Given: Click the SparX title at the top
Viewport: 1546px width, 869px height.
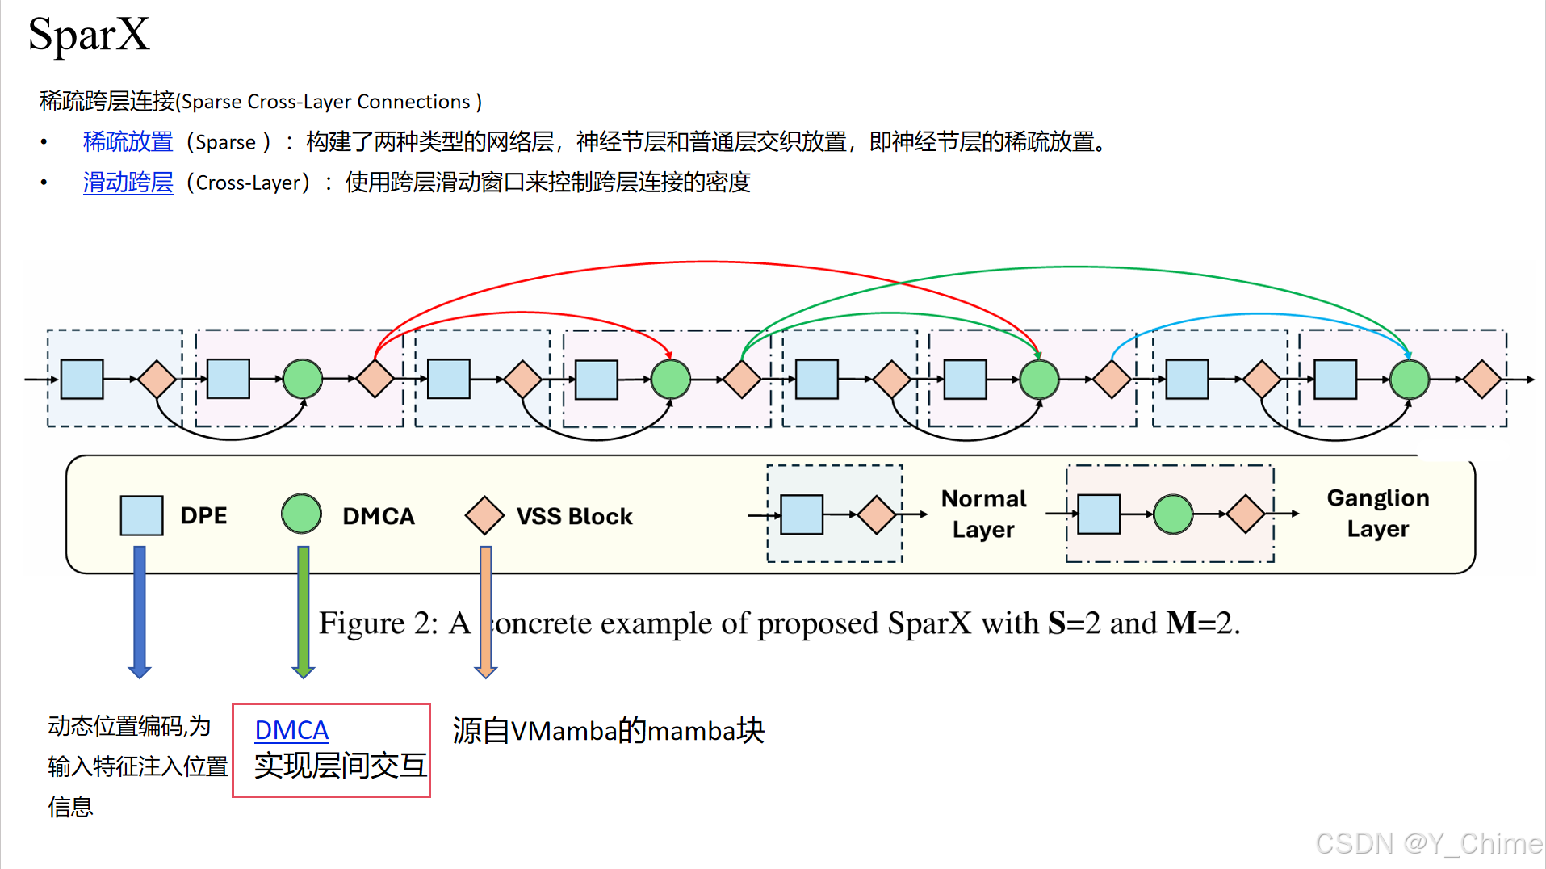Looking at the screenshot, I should pyautogui.click(x=89, y=36).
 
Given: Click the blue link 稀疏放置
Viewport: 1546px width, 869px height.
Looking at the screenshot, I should pyautogui.click(x=128, y=142).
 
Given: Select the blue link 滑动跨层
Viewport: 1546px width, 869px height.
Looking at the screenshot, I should pyautogui.click(x=128, y=183).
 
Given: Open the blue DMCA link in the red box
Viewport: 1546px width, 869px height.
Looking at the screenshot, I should pyautogui.click(x=291, y=730).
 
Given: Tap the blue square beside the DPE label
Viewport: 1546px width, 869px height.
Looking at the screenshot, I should pyautogui.click(x=141, y=515).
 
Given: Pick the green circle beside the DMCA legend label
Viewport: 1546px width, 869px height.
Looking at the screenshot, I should pyautogui.click(x=301, y=514).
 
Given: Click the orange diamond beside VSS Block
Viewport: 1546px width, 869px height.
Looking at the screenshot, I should pyautogui.click(x=484, y=515).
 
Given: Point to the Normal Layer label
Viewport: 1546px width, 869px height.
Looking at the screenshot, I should pyautogui.click(x=983, y=514).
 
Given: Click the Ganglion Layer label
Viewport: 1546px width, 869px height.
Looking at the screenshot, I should pyautogui.click(x=1378, y=513).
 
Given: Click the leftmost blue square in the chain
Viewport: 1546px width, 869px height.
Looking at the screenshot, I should pyautogui.click(x=82, y=379).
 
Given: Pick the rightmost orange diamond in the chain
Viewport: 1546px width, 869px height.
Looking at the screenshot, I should pyautogui.click(x=1482, y=379).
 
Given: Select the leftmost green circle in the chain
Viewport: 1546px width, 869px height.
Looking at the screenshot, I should pyautogui.click(x=303, y=379).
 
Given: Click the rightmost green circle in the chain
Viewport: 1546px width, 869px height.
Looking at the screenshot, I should pyautogui.click(x=1410, y=379).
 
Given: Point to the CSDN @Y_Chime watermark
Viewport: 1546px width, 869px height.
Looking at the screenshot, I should pyautogui.click(x=1429, y=843).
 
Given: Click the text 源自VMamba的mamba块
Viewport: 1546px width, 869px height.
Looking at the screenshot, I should pyautogui.click(x=608, y=731).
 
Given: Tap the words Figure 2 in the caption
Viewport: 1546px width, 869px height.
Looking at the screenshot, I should pyautogui.click(x=378, y=623).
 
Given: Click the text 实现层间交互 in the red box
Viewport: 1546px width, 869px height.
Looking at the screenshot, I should pyautogui.click(x=340, y=766).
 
